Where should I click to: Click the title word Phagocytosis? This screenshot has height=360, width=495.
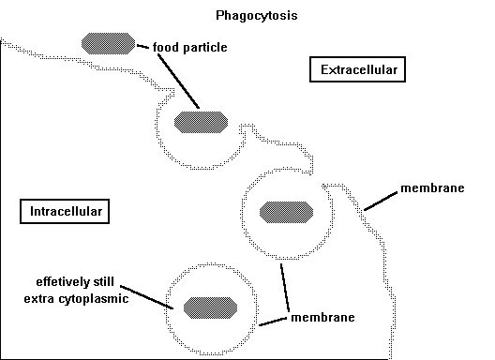pos(256,16)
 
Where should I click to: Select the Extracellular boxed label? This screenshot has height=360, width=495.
pos(357,69)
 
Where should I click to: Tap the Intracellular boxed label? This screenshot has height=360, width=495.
pos(65,211)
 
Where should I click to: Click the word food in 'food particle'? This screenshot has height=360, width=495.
pos(166,47)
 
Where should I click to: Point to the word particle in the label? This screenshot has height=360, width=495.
pos(205,48)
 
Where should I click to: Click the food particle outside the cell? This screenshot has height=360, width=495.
pos(108,43)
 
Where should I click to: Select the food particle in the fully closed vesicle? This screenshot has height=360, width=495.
pos(210,307)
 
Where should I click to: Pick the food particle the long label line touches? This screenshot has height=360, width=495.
pos(201,122)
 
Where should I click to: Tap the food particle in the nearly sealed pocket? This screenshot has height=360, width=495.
pos(286,212)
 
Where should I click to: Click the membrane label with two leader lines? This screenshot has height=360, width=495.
pos(322,318)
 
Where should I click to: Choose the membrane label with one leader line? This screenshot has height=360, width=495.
pos(432,188)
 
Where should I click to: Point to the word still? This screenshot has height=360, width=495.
pos(104,281)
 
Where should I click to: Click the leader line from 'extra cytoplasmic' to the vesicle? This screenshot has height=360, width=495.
pos(146,297)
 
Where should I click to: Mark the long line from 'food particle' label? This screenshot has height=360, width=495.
pos(178,82)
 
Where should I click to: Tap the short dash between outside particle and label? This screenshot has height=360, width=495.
pos(142,47)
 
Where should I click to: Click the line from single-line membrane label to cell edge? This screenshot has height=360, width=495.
pos(381,201)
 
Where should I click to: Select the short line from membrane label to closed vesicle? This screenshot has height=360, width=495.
pos(273,322)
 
